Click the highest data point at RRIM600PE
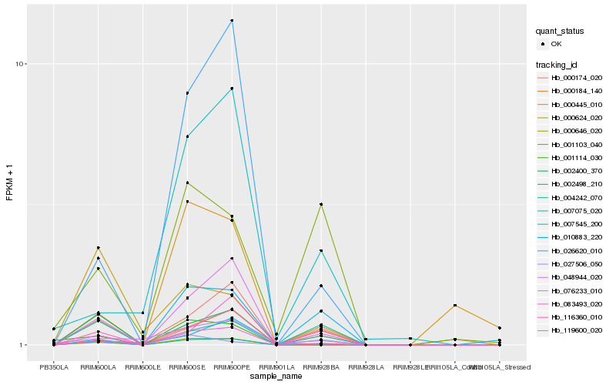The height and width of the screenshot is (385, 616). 232,20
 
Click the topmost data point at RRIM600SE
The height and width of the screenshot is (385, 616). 187,93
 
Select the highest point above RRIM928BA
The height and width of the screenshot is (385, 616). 321,204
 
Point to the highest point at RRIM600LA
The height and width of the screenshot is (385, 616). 98,248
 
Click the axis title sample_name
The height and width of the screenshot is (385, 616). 276,377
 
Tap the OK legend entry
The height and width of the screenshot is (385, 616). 556,44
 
